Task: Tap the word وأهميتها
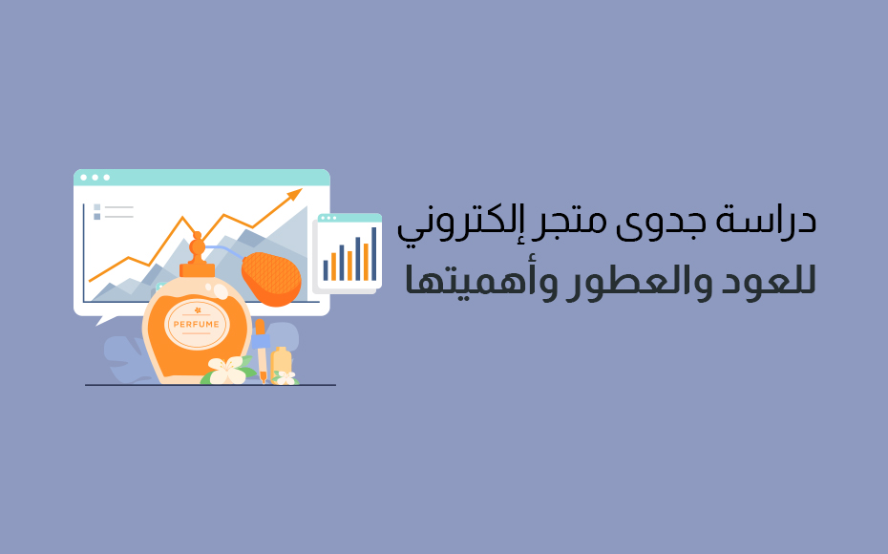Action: (469, 281)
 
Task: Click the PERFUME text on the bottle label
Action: (196, 325)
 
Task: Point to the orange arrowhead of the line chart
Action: (294, 194)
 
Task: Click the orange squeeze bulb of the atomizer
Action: (271, 279)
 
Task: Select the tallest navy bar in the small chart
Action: (373, 254)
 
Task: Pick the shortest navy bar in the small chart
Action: (326, 269)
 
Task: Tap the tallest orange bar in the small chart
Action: (366, 262)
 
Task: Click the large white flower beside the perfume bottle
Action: (226, 371)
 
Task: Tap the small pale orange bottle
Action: (281, 363)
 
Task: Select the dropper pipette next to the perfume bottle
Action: (261, 351)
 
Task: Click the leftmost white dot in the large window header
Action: (84, 178)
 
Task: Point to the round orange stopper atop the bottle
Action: (197, 247)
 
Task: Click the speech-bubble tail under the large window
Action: (105, 320)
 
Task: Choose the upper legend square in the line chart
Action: (96, 207)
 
